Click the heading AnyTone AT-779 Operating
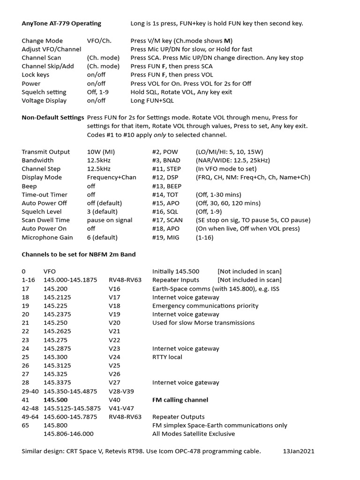pos(61,23)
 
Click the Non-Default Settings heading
pos(52,118)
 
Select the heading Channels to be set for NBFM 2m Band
pos(79,255)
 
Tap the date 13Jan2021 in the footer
pos(299,451)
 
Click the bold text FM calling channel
pos(180,400)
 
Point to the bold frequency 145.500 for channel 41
pos(56,400)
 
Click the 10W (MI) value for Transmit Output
pos(101,152)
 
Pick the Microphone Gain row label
pos(47,237)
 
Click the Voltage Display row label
pos(44,100)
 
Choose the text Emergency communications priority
pos(205,306)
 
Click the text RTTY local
pos(167,357)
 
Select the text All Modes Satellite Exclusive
pos(194,434)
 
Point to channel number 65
pos(26,425)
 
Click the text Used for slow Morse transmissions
pos(203,323)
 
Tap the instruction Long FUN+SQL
pos(152,100)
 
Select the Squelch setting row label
pos(44,92)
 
